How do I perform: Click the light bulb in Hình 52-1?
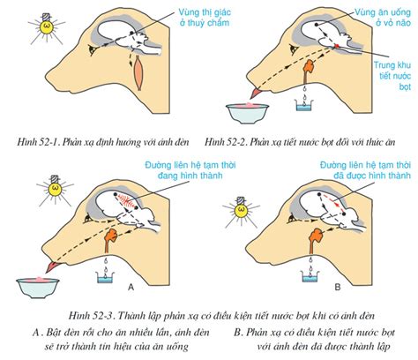[47, 26]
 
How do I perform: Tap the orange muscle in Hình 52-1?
[138, 73]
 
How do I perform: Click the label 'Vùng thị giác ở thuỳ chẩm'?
[205, 18]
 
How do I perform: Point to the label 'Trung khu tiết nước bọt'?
[392, 76]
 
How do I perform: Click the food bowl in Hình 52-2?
[248, 112]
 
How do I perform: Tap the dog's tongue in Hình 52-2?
[255, 93]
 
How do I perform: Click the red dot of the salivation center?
[337, 46]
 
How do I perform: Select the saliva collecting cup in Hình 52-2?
[304, 105]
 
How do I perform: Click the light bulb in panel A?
[55, 188]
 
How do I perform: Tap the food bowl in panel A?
[38, 287]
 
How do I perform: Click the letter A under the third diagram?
[131, 287]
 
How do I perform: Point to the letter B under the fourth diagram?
[338, 287]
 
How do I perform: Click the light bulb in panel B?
[241, 210]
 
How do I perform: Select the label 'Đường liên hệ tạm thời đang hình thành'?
[190, 170]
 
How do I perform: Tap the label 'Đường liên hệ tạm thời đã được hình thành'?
[365, 170]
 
